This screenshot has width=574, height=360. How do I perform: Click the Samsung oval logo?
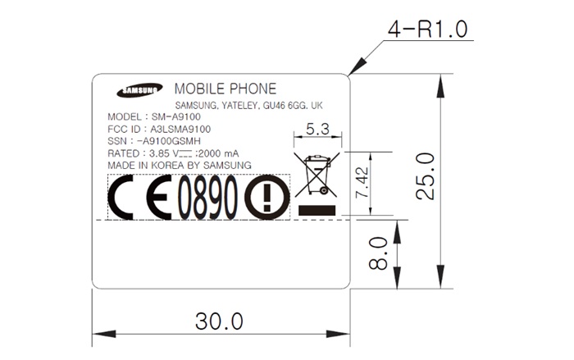(139, 90)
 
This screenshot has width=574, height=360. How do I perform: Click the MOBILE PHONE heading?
(225, 89)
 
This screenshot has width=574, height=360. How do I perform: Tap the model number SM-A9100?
(176, 116)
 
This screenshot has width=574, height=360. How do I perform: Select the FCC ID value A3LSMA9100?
(180, 129)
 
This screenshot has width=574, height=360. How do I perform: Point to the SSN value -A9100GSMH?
(168, 141)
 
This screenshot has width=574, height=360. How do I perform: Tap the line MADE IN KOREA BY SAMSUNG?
(180, 165)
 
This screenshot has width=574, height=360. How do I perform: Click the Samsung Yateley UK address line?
(249, 106)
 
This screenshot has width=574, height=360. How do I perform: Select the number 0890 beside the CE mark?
(207, 197)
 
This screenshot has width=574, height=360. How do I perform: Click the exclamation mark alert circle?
(267, 197)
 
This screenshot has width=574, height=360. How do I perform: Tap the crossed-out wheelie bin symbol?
(317, 175)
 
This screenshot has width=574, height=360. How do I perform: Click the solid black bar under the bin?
(317, 210)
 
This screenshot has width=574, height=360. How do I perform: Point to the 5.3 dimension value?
(317, 129)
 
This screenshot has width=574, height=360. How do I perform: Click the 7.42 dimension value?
(362, 182)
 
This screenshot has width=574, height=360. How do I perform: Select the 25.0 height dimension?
(426, 176)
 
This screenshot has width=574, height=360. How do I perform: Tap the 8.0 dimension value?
(378, 253)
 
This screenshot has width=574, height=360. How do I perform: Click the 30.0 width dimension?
(219, 321)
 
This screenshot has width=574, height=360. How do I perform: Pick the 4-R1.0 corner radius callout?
(427, 30)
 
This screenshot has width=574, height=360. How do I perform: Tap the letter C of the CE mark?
(121, 197)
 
